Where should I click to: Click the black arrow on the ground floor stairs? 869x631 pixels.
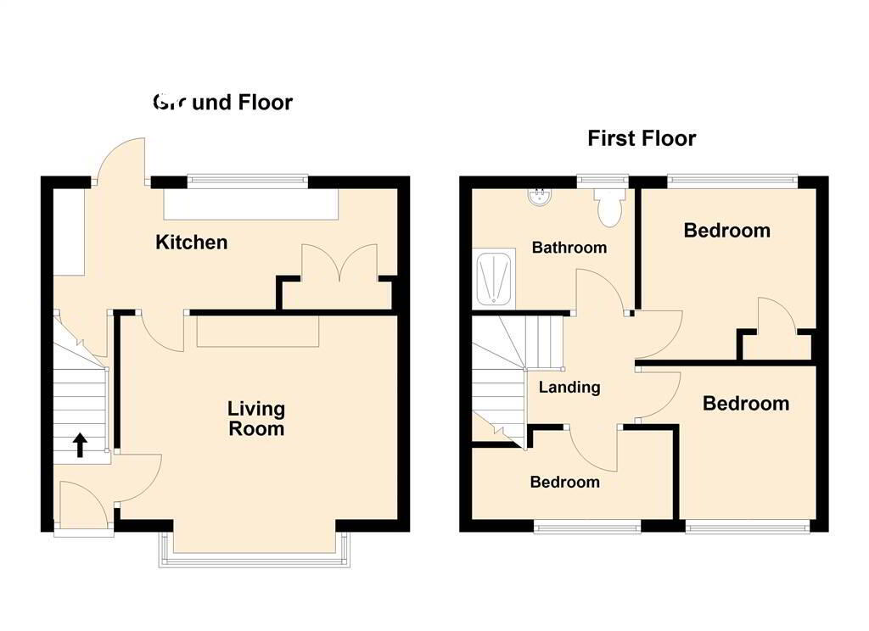pos(81,444)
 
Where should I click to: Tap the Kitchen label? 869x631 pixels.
pos(192,243)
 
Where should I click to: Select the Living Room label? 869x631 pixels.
pos(256,419)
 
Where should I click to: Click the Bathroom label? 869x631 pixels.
pos(569,248)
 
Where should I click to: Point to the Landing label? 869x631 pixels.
pos(570,388)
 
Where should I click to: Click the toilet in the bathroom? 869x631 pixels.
pos(609,207)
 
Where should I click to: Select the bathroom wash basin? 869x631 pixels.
pos(538,197)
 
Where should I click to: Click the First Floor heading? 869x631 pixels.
pos(642,138)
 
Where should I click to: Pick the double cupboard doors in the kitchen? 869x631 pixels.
pos(339,263)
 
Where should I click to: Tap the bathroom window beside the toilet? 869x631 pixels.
pos(603,178)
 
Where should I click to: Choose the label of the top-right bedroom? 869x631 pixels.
pos(727,230)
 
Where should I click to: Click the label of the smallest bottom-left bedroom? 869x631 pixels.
pos(564,482)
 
